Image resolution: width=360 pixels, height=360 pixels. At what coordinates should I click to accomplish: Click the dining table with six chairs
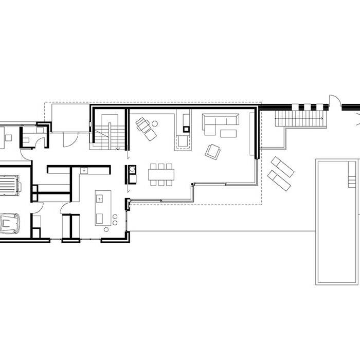coord(162,174)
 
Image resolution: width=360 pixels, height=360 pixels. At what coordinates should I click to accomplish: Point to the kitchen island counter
coord(100,207)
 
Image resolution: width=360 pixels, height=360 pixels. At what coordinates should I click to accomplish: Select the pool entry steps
coord(352,181)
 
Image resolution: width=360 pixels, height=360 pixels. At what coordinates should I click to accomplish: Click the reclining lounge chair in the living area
coord(146,129)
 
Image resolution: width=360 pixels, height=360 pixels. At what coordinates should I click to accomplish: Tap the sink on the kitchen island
coord(100,196)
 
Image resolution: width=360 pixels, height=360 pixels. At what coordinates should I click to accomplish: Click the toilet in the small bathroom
coord(27,139)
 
